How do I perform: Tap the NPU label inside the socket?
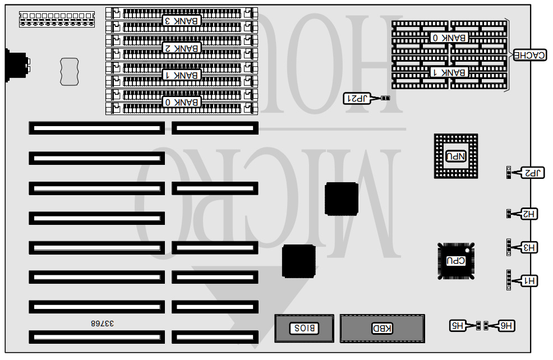(x=455, y=156)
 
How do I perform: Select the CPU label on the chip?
(x=455, y=260)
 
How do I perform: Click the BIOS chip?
(x=303, y=328)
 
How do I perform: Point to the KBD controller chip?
(x=382, y=328)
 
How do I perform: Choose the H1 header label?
(x=530, y=280)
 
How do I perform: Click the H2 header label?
(x=529, y=214)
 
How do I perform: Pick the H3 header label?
(x=529, y=247)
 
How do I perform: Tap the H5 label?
(x=459, y=325)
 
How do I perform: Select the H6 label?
(x=505, y=325)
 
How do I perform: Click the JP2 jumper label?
(x=532, y=173)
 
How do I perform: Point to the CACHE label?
(x=529, y=55)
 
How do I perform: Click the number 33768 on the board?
(x=102, y=324)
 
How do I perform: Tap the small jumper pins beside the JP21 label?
(x=385, y=99)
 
